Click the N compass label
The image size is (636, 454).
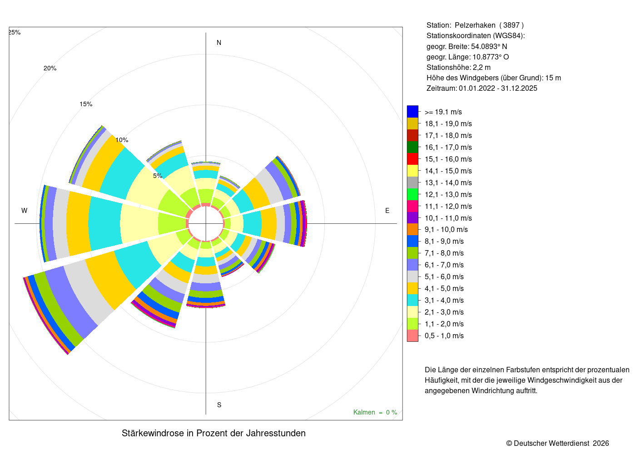219,43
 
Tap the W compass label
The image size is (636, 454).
24,211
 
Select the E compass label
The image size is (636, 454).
387,211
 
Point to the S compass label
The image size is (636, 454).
219,405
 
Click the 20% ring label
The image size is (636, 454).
50,69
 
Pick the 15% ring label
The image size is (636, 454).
86,104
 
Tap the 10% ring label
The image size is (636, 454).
122,140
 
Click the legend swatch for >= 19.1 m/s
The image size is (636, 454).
412,112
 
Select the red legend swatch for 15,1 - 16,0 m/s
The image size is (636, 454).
412,159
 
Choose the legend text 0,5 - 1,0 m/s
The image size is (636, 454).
444,336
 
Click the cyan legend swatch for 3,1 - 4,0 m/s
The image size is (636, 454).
412,300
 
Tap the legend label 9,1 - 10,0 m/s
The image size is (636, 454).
446,230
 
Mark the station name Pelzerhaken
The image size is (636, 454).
475,25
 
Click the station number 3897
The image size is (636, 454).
512,25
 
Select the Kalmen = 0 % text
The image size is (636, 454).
375,412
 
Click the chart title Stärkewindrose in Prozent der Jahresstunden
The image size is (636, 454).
214,433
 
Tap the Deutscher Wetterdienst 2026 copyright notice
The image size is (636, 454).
557,444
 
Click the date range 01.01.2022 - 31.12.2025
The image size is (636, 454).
498,89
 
